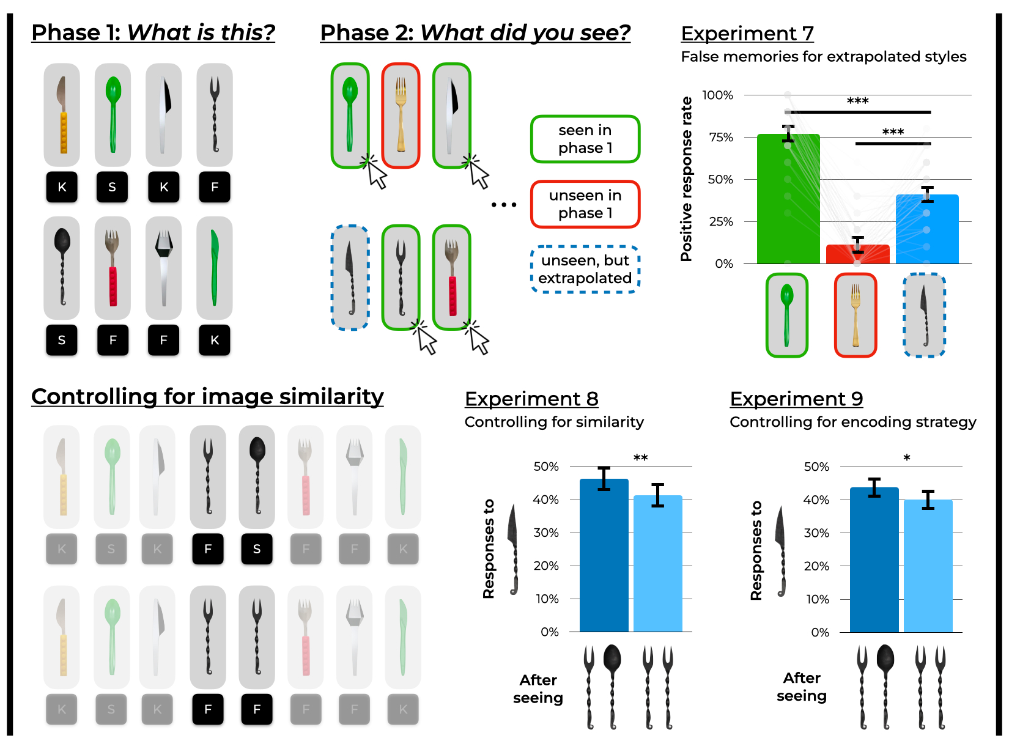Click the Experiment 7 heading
click(747, 33)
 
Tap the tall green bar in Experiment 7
click(788, 202)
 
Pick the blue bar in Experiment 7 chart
click(926, 230)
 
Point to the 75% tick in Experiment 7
click(721, 138)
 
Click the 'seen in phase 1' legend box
click(585, 139)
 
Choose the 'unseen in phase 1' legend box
click(585, 204)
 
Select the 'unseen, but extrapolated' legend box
click(585, 270)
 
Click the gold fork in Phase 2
click(401, 115)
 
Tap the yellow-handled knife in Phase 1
click(62, 114)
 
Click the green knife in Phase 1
click(214, 267)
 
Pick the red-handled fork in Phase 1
click(113, 267)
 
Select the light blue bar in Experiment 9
click(928, 566)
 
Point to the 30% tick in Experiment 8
click(546, 533)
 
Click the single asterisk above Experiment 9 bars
click(907, 458)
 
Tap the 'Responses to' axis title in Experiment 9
click(756, 550)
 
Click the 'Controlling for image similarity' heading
click(207, 397)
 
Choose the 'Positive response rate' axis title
click(686, 179)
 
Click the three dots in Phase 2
click(504, 205)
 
